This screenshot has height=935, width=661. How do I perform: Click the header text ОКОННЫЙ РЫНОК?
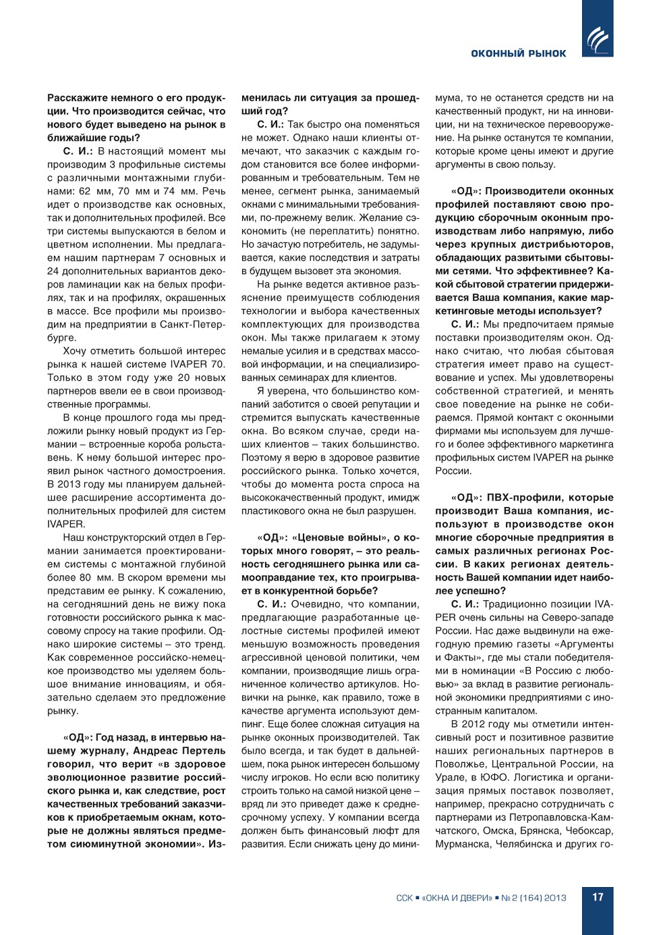click(518, 53)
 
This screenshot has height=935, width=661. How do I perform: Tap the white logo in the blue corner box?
click(598, 40)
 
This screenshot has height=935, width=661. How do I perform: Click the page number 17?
click(598, 897)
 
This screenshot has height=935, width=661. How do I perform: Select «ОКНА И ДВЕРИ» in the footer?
click(457, 898)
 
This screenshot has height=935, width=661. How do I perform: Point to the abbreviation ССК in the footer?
click(404, 898)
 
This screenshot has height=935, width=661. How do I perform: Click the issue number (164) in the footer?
click(530, 898)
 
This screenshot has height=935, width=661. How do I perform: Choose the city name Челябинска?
click(521, 844)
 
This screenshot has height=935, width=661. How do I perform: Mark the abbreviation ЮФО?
click(490, 777)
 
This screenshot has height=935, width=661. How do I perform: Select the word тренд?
click(210, 644)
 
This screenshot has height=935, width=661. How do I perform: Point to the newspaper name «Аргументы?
click(581, 644)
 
